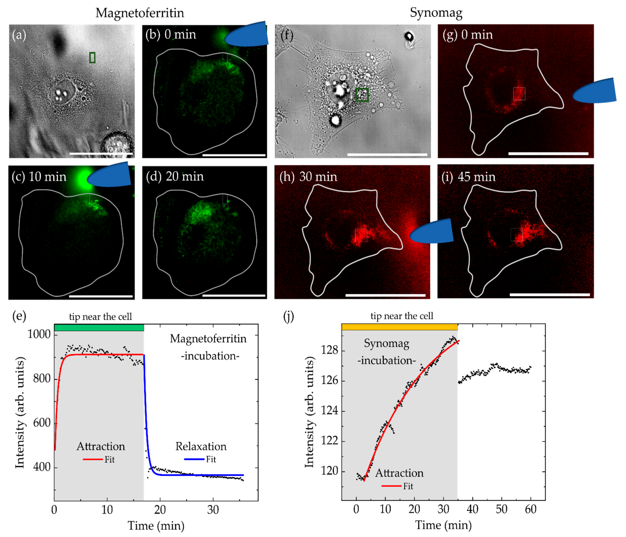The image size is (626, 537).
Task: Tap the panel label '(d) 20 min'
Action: pyautogui.click(x=175, y=176)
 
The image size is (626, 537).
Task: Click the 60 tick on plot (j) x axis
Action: pyautogui.click(x=530, y=509)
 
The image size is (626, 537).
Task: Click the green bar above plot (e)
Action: pyautogui.click(x=99, y=328)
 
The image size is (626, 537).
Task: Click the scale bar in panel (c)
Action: pyautogui.click(x=101, y=296)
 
